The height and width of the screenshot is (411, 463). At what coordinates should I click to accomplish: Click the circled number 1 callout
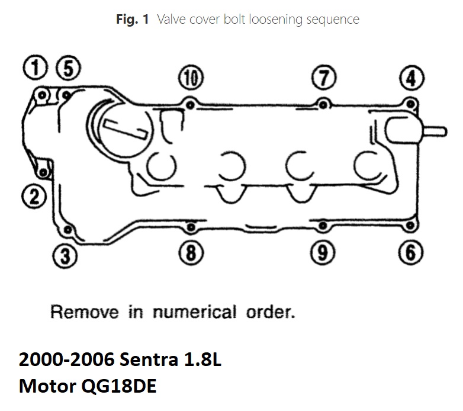click(x=35, y=67)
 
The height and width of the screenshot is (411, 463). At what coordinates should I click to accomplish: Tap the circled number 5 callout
click(x=68, y=68)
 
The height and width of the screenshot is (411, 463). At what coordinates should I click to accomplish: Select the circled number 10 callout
click(x=191, y=78)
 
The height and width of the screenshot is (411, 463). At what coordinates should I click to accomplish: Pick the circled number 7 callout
click(x=324, y=78)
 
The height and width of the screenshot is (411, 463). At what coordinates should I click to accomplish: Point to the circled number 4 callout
click(x=411, y=78)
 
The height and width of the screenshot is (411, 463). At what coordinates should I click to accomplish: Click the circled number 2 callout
click(x=34, y=197)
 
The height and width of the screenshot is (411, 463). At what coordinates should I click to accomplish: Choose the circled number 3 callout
click(x=65, y=256)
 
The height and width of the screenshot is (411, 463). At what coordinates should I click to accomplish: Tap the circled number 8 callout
click(x=191, y=252)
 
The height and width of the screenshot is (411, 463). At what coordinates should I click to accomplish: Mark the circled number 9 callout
click(x=323, y=252)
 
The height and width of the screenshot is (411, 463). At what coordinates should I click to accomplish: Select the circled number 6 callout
click(x=410, y=252)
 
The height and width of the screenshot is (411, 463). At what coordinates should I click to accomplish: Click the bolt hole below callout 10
click(x=191, y=105)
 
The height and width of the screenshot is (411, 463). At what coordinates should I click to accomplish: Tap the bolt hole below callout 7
click(x=323, y=104)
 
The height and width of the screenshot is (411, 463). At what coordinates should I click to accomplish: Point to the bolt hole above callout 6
click(x=410, y=226)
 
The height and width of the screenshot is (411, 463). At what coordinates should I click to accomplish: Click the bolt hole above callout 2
click(x=43, y=172)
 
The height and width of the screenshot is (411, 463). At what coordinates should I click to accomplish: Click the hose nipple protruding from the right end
click(x=435, y=131)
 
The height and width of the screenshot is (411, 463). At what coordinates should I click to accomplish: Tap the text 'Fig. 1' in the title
click(x=132, y=20)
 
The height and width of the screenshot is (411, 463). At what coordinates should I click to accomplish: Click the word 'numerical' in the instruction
click(x=195, y=312)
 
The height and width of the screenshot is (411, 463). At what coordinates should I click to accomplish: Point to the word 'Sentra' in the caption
click(x=149, y=359)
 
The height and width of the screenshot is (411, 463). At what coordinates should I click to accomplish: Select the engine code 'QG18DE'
click(x=118, y=386)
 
